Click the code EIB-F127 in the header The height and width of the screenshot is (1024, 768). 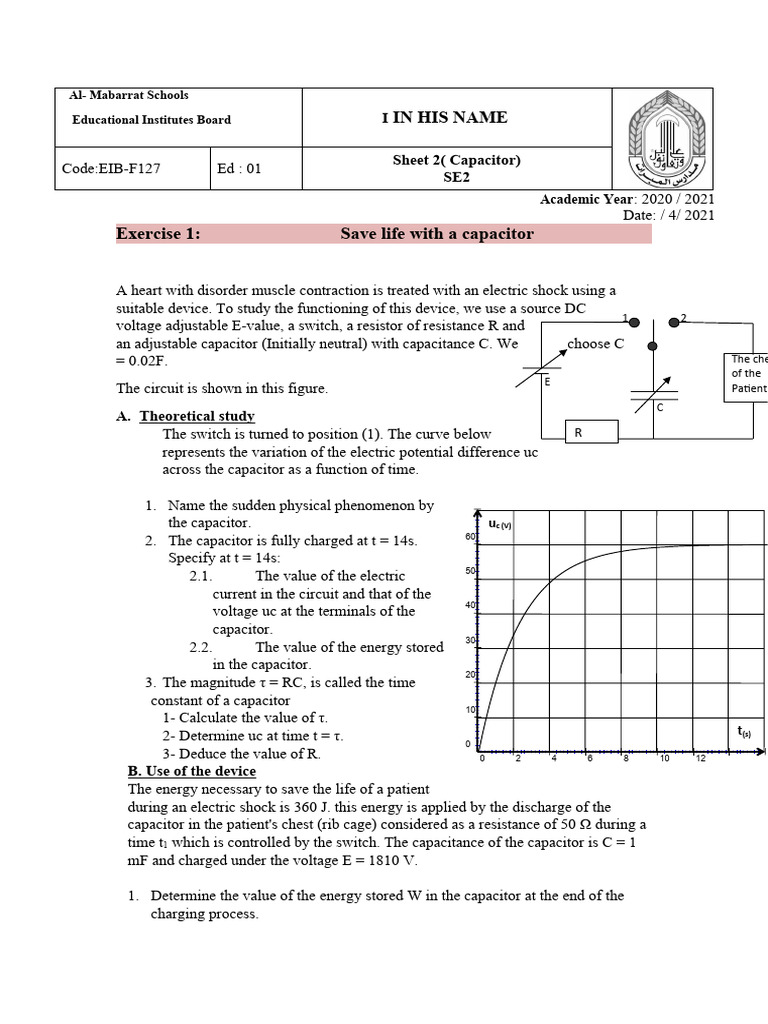point(111,169)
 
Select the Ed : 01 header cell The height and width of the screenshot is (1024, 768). point(239,169)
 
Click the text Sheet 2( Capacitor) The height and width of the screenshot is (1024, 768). point(456,160)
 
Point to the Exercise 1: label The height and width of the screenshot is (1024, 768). point(158,234)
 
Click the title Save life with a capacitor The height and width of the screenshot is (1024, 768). point(437,234)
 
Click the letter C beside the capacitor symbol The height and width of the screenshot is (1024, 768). point(660,408)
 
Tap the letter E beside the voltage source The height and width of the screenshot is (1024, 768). point(547,382)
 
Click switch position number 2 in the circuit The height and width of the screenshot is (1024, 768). point(684,318)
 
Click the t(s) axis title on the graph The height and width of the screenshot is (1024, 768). point(744,732)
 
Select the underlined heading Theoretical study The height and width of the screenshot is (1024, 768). point(197,416)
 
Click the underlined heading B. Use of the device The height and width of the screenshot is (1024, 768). point(192,771)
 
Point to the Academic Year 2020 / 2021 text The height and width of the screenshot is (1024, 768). point(627,200)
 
